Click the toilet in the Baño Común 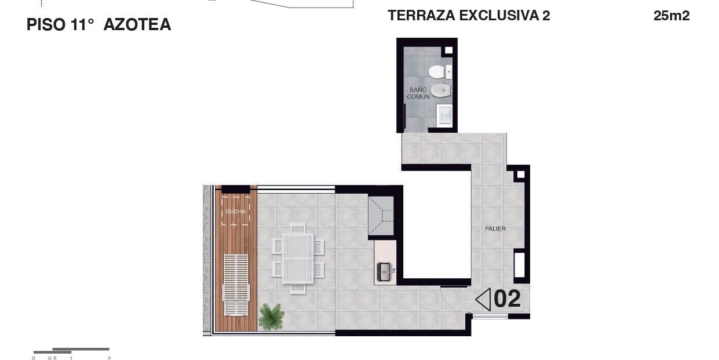coord(440,72)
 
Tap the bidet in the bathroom coord(440,90)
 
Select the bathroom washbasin coord(444,115)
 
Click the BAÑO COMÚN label coord(418,93)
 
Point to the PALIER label coord(495,228)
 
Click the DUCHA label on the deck coord(236,212)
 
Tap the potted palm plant coord(272,317)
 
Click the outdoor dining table coord(298,259)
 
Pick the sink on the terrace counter coord(385,272)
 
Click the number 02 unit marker coord(507,299)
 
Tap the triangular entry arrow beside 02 coord(483,299)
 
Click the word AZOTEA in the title coord(137,24)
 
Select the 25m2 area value coord(671,16)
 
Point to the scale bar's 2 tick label coord(109,358)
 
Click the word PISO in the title coord(46,24)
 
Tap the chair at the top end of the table coord(298,228)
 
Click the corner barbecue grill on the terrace coord(381,216)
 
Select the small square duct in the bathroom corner coord(449,50)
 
